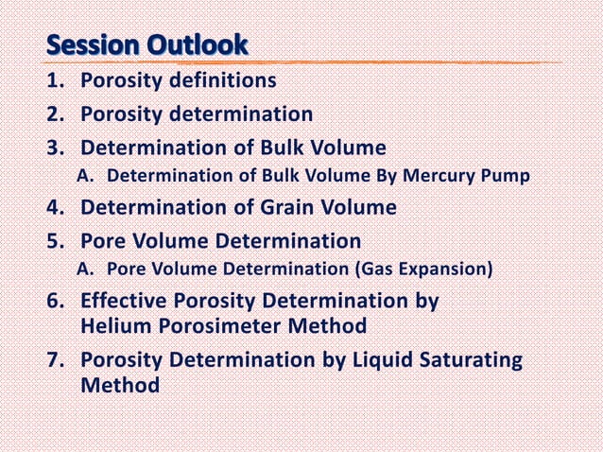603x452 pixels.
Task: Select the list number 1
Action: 56,80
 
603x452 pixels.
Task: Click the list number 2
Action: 56,114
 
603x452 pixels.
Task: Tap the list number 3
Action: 56,148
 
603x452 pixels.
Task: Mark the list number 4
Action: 56,207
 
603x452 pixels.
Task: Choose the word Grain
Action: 283,207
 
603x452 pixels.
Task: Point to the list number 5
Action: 56,240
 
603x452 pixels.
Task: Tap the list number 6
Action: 56,303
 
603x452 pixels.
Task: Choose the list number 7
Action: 56,361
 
